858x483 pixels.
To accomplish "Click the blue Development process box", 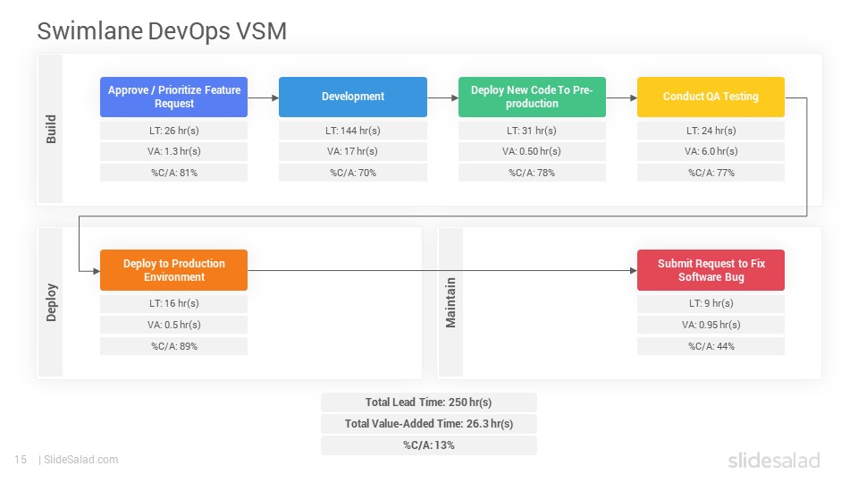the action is coord(353,97).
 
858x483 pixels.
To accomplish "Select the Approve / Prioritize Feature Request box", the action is coord(174,97).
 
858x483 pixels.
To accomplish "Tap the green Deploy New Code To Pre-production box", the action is coord(532,97).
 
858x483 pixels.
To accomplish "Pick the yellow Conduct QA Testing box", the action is coord(711,97).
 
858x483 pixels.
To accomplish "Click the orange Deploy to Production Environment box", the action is coord(174,270).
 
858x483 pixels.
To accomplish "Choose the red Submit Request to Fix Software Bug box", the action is coord(711,270).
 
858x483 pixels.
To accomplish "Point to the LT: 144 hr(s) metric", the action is coord(353,131).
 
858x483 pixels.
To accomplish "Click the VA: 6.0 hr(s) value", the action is coord(711,151).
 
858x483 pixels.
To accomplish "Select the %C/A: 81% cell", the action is coord(174,173).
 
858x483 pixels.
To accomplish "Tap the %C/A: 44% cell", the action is coord(711,346).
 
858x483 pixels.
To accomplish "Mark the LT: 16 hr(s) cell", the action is coord(174,303).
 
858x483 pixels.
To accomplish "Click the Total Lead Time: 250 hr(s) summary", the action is coord(428,402).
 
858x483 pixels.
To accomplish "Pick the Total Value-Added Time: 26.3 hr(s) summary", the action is coord(428,424).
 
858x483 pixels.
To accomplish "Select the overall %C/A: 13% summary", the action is coord(428,445).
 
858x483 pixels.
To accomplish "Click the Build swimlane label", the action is coord(51,129).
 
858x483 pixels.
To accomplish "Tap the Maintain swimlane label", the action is coord(450,303).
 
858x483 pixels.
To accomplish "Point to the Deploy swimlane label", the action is coord(51,302).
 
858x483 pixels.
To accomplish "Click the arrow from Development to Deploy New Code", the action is coord(442,98).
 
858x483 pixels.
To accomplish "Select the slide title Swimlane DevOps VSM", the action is coord(162,31).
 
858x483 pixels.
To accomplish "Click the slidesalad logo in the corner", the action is coord(774,460).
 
